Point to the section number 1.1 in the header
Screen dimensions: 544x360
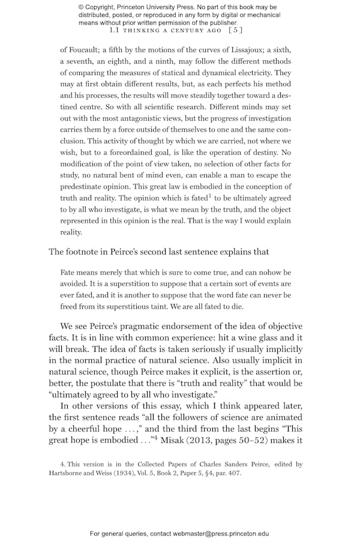tap(115, 29)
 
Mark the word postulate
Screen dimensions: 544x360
tap(106, 382)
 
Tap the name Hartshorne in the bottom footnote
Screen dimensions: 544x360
tap(70, 473)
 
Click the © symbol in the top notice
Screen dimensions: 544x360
tap(81, 7)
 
